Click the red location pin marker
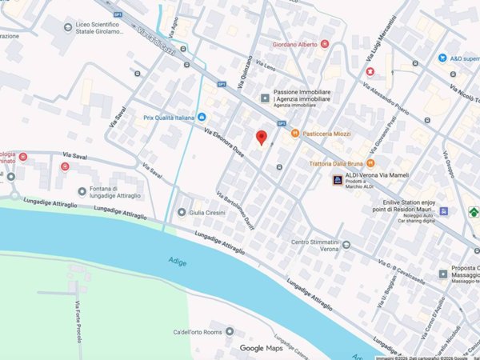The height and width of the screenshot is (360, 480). pyautogui.click(x=261, y=138)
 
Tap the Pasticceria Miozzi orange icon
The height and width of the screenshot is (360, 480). pyautogui.click(x=294, y=133)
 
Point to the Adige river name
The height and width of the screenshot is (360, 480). pyautogui.click(x=178, y=260)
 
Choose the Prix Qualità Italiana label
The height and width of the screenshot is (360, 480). pyautogui.click(x=169, y=118)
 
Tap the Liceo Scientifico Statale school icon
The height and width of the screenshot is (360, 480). pyautogui.click(x=67, y=28)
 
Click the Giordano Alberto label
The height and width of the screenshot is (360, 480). pyautogui.click(x=296, y=44)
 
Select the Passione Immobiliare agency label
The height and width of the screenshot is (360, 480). pyautogui.click(x=302, y=98)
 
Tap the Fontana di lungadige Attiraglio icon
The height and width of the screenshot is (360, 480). pyautogui.click(x=82, y=191)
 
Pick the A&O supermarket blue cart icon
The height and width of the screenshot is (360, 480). pyautogui.click(x=442, y=58)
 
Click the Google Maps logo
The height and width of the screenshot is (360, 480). pyautogui.click(x=262, y=348)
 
